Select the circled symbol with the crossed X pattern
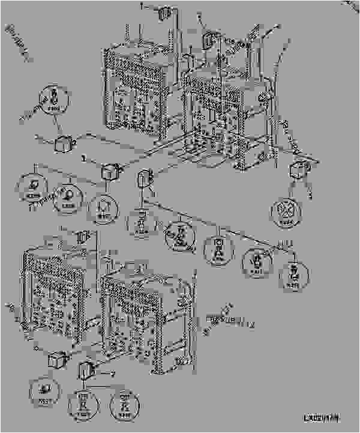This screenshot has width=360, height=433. (286, 212)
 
